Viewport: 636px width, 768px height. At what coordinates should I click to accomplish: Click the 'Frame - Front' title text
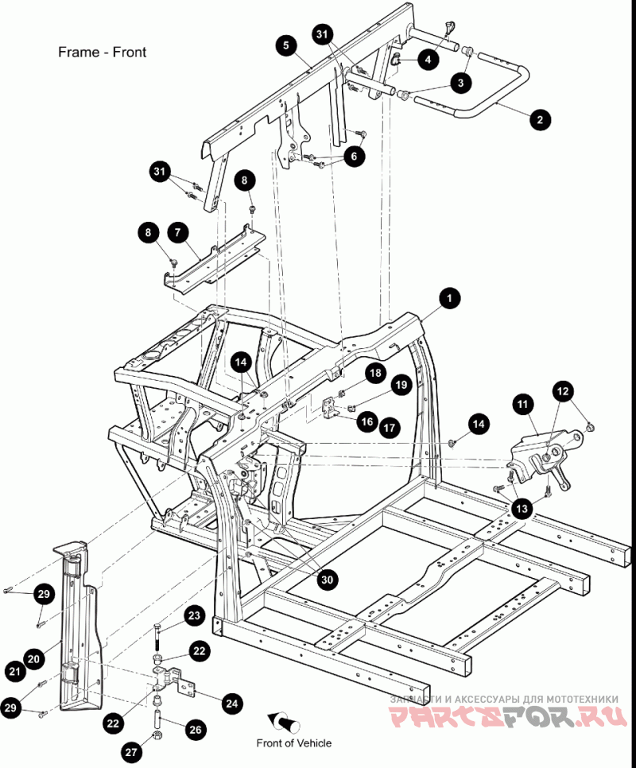pyautogui.click(x=102, y=52)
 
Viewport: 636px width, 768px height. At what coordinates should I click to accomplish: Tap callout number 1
pyautogui.click(x=449, y=298)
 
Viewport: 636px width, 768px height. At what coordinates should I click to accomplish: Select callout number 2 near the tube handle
pyautogui.click(x=540, y=119)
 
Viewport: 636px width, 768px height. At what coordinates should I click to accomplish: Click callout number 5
pyautogui.click(x=286, y=45)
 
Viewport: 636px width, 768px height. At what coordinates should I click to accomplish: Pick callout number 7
pyautogui.click(x=178, y=232)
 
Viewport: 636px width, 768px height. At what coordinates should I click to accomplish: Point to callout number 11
pyautogui.click(x=523, y=404)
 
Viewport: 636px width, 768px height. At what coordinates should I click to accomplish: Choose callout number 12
pyautogui.click(x=563, y=391)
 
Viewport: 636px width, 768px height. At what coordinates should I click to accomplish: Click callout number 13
pyautogui.click(x=522, y=508)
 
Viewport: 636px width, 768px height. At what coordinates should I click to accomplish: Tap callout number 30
pyautogui.click(x=327, y=580)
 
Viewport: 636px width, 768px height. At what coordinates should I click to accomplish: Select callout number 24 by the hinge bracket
pyautogui.click(x=231, y=704)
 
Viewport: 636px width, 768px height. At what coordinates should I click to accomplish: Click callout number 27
pyautogui.click(x=130, y=751)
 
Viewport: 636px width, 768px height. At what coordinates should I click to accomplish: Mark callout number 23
pyautogui.click(x=194, y=615)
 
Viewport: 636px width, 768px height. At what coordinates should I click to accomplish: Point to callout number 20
pyautogui.click(x=33, y=659)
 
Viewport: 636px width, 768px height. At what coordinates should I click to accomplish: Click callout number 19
pyautogui.click(x=401, y=385)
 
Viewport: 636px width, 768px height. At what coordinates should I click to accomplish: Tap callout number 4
pyautogui.click(x=429, y=60)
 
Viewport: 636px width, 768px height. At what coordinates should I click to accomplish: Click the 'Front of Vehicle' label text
pyautogui.click(x=294, y=743)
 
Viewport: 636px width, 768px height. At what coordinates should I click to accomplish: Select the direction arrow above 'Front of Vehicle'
pyautogui.click(x=284, y=722)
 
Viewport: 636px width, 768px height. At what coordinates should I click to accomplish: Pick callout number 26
pyautogui.click(x=195, y=730)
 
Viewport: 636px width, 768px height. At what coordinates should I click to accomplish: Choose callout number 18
pyautogui.click(x=375, y=373)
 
